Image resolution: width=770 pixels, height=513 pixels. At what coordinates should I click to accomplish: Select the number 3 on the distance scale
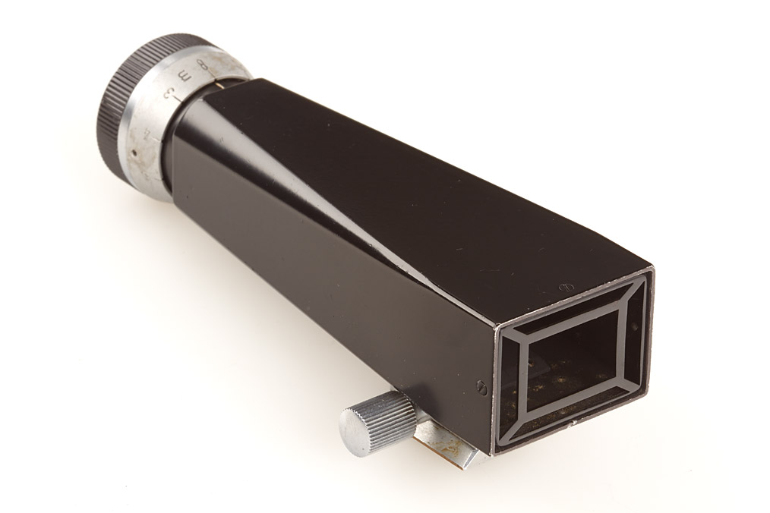point(169,96)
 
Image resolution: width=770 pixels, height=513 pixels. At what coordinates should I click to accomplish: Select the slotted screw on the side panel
point(481,386)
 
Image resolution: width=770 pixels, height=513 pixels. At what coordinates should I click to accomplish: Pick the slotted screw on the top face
point(563,287)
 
